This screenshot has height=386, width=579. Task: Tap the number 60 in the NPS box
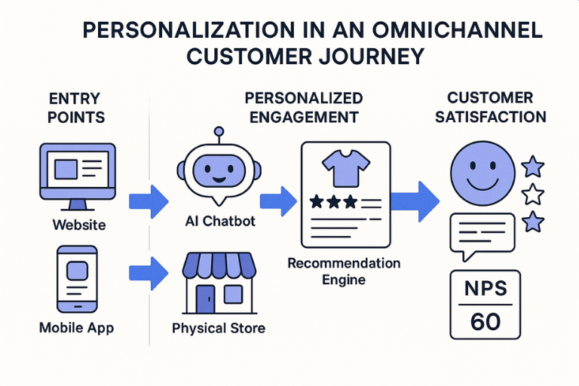pos(485,321)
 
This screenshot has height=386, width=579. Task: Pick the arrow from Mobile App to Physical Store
pos(149,273)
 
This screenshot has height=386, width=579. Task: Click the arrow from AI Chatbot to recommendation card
pos(276,201)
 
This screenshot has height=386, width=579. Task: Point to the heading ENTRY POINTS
pos(76,108)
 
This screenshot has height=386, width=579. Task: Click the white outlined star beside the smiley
pos(533,194)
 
